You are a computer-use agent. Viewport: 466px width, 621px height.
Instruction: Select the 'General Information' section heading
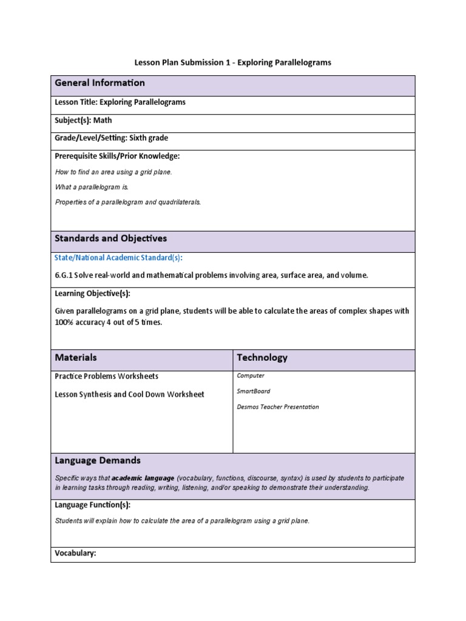100,83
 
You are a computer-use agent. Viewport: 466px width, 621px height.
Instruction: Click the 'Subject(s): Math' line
83,120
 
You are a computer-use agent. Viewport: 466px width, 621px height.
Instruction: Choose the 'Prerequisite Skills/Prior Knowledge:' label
117,156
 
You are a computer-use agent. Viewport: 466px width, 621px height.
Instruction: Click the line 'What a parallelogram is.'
92,187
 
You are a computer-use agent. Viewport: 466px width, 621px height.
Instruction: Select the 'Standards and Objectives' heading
110,239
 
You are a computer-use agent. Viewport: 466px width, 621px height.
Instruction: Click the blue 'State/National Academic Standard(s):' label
118,258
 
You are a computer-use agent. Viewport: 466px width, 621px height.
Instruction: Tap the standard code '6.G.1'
64,275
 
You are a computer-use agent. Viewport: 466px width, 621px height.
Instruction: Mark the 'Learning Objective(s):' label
92,294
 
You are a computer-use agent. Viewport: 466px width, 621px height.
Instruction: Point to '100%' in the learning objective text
65,323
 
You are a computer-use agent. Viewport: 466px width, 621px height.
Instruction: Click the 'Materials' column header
75,358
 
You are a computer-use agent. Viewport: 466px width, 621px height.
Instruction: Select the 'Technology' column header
262,358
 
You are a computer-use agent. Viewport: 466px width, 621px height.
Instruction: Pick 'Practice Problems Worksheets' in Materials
107,376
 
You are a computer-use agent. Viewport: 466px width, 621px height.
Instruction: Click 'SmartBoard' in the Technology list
254,391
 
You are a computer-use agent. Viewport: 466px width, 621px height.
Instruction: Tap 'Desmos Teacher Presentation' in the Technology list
277,407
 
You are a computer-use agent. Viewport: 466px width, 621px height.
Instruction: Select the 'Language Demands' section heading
97,461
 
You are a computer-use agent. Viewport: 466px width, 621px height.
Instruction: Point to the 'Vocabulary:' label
75,553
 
